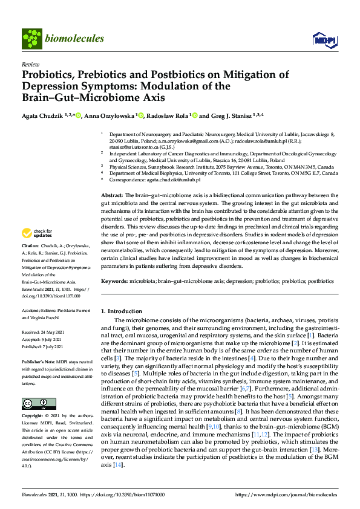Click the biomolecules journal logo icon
pyautogui.click(x=31, y=39)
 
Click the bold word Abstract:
pyautogui.click(x=111, y=196)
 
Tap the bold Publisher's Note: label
pyautogui.click(x=38, y=359)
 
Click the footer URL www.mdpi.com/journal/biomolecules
pyautogui.click(x=287, y=494)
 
